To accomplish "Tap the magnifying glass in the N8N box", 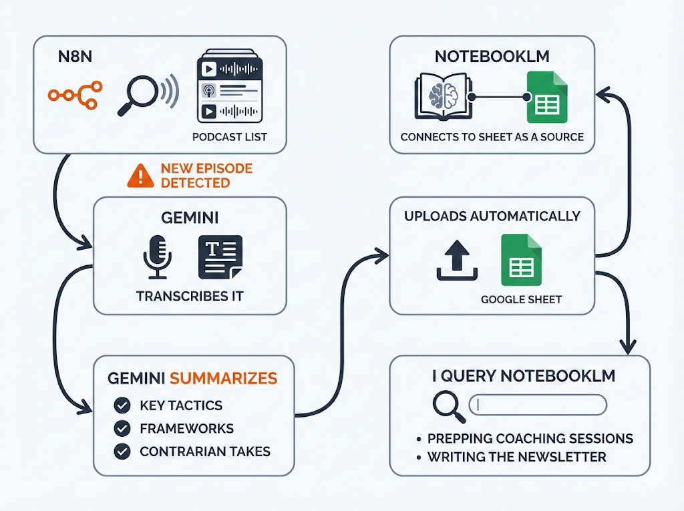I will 137,94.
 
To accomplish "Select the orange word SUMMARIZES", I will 223,378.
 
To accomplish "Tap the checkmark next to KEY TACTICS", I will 122,405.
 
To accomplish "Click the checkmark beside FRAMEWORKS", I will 122,428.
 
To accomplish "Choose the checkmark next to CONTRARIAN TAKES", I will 122,452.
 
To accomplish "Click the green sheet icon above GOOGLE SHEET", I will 521,261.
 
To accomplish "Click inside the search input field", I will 538,404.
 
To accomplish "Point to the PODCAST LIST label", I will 229,137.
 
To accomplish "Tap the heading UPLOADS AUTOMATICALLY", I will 492,216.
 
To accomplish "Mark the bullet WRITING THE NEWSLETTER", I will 516,457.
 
